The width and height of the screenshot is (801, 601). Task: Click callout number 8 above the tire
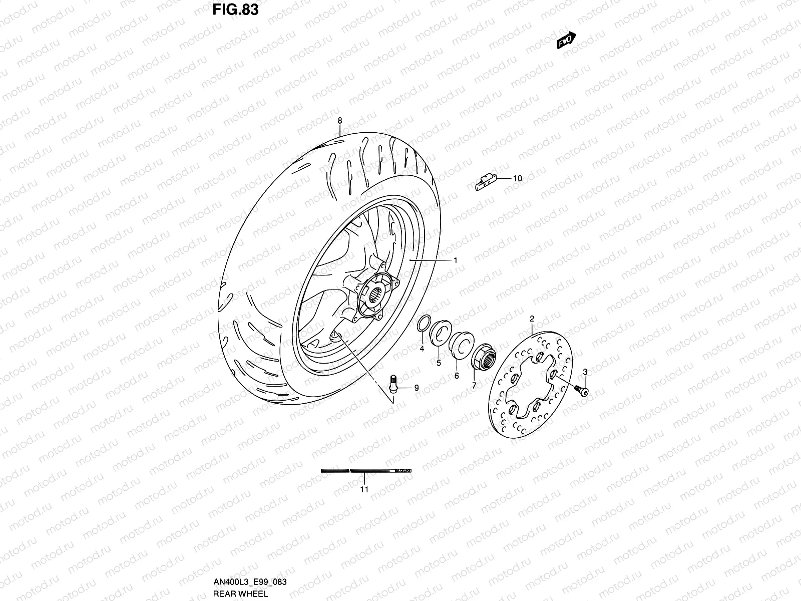click(339, 121)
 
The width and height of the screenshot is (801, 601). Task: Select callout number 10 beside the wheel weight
click(517, 178)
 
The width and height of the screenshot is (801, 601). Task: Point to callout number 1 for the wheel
click(456, 260)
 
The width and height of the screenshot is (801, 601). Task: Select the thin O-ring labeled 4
click(423, 325)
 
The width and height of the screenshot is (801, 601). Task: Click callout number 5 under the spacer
click(439, 363)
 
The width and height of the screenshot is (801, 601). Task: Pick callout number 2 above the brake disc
click(532, 319)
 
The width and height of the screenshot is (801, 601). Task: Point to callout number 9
click(416, 388)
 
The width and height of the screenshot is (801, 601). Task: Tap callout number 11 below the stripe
click(364, 489)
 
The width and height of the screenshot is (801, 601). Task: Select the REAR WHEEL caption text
click(240, 594)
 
